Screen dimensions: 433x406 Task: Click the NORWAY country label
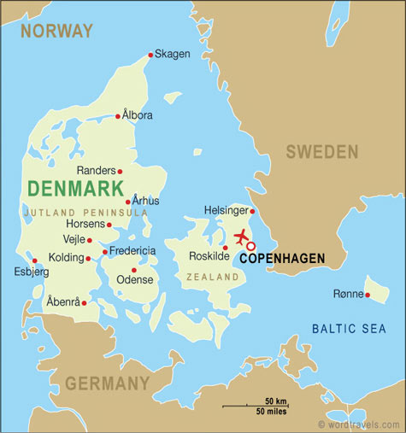pos(56,31)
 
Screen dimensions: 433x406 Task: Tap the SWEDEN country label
pos(321,152)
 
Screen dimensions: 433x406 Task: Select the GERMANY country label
pos(107,383)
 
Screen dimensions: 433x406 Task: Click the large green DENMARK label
pos(76,188)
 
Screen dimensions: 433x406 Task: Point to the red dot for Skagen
pos(151,56)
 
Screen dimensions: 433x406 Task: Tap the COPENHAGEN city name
pos(281,257)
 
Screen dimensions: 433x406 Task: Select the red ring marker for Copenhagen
pos(250,246)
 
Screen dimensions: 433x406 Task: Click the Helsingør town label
pos(226,210)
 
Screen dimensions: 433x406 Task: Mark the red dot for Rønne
pos(367,295)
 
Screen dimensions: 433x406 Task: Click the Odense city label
pos(135,279)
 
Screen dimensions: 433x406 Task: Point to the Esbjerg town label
pos(31,272)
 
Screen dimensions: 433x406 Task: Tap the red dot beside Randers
pos(120,172)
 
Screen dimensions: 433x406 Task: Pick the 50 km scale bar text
pos(275,401)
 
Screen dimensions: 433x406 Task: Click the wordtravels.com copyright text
pos(360,424)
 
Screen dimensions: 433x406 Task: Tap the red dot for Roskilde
pos(225,248)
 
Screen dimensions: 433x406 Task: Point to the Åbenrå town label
pos(63,302)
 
